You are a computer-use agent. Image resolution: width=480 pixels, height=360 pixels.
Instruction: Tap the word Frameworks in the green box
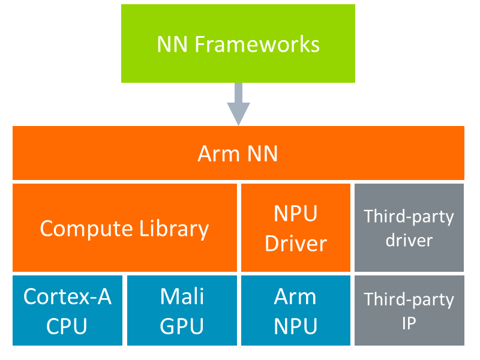257,44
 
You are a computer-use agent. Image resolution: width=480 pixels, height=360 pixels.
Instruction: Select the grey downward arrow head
238,113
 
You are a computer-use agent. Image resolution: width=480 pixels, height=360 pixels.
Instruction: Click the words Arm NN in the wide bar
238,154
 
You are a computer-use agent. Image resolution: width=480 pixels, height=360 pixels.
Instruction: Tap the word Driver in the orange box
295,243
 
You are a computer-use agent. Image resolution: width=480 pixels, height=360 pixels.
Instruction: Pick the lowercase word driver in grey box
409,241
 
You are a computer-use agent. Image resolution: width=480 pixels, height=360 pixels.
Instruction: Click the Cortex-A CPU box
67,311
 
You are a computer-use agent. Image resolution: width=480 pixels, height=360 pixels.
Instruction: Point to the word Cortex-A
67,296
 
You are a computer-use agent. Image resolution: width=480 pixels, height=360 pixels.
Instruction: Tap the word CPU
67,326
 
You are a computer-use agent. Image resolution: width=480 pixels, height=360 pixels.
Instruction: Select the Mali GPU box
182,311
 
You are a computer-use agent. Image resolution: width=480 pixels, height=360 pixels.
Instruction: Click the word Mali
182,296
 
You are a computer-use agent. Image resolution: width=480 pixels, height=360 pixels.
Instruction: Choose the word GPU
182,326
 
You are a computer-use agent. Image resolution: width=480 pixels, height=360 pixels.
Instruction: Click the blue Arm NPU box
295,311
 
